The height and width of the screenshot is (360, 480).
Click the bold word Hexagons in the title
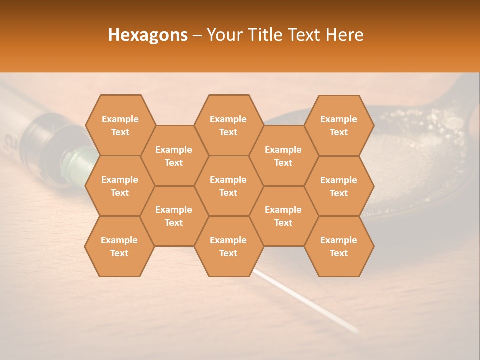click(148, 35)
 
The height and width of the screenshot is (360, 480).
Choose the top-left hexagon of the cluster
click(120, 125)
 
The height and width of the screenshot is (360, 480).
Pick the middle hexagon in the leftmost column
click(120, 186)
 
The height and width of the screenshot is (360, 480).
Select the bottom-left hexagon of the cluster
click(119, 246)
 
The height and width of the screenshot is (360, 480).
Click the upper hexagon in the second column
click(174, 156)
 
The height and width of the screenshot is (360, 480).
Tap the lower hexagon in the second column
click(174, 216)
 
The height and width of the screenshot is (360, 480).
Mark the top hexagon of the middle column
click(228, 125)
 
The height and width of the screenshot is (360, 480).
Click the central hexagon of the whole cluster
click(228, 186)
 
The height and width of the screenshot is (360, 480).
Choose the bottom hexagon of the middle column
click(228, 246)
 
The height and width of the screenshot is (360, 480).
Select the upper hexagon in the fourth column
click(283, 156)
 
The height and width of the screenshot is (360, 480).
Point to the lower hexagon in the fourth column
click(283, 216)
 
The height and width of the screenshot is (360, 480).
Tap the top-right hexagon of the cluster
click(339, 125)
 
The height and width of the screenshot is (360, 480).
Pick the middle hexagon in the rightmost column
click(339, 186)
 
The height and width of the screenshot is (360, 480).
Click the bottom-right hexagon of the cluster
click(339, 246)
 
